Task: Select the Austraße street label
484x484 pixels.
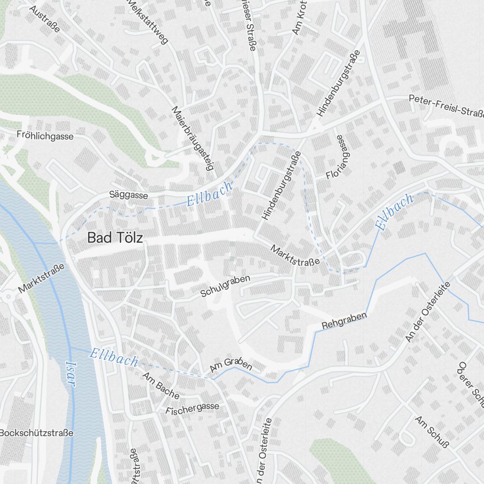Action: (x=44, y=19)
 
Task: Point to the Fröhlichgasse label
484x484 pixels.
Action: (x=45, y=136)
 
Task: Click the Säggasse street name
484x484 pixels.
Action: (x=129, y=195)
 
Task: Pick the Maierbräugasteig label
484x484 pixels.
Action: (x=192, y=139)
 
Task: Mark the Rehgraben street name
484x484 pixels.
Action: (x=345, y=321)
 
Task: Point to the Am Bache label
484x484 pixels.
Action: (x=161, y=385)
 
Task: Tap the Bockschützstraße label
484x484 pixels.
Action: (x=37, y=433)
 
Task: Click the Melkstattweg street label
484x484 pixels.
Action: (x=148, y=22)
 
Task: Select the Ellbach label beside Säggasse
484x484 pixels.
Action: (x=210, y=194)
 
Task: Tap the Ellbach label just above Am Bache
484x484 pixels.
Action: (x=114, y=358)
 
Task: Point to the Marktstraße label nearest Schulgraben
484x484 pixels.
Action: (x=295, y=255)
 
